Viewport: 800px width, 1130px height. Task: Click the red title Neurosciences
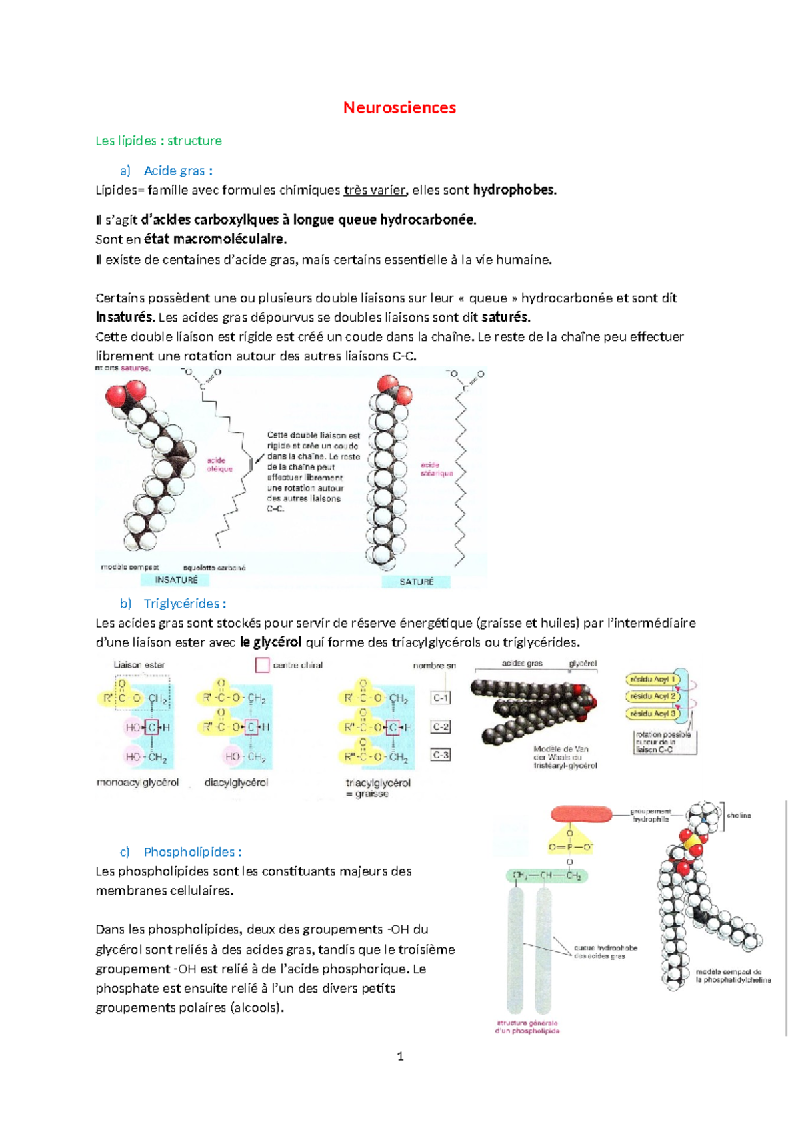pyautogui.click(x=399, y=107)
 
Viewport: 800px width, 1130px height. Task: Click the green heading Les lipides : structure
pyautogui.click(x=159, y=141)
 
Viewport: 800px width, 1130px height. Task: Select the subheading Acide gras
pyautogui.click(x=177, y=171)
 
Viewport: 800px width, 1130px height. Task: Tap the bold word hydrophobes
pyautogui.click(x=513, y=190)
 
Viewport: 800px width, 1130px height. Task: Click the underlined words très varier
pyautogui.click(x=375, y=190)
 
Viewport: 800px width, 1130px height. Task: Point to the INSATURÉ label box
pyautogui.click(x=176, y=580)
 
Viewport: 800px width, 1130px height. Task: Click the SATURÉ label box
pyautogui.click(x=417, y=582)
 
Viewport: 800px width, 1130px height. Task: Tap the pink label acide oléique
pyautogui.click(x=219, y=464)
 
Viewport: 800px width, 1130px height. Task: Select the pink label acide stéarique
pyautogui.click(x=436, y=469)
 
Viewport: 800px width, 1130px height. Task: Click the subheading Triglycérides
pyautogui.click(x=184, y=604)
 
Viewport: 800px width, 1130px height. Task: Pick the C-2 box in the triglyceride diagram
pyautogui.click(x=441, y=727)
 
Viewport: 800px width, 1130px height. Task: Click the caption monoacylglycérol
pyautogui.click(x=137, y=782)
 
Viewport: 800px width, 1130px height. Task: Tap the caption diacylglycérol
pyautogui.click(x=236, y=782)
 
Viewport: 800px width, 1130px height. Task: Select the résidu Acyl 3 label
pyautogui.click(x=653, y=714)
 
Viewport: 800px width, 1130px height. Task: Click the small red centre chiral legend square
pyautogui.click(x=262, y=664)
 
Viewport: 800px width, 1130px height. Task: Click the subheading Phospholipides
pyautogui.click(x=191, y=852)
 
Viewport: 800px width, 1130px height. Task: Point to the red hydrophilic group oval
pyautogui.click(x=581, y=814)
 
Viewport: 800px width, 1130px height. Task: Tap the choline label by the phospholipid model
pyautogui.click(x=739, y=815)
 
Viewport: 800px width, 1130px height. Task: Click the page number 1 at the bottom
pyautogui.click(x=400, y=1056)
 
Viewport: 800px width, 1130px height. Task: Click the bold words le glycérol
pyautogui.click(x=270, y=642)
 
